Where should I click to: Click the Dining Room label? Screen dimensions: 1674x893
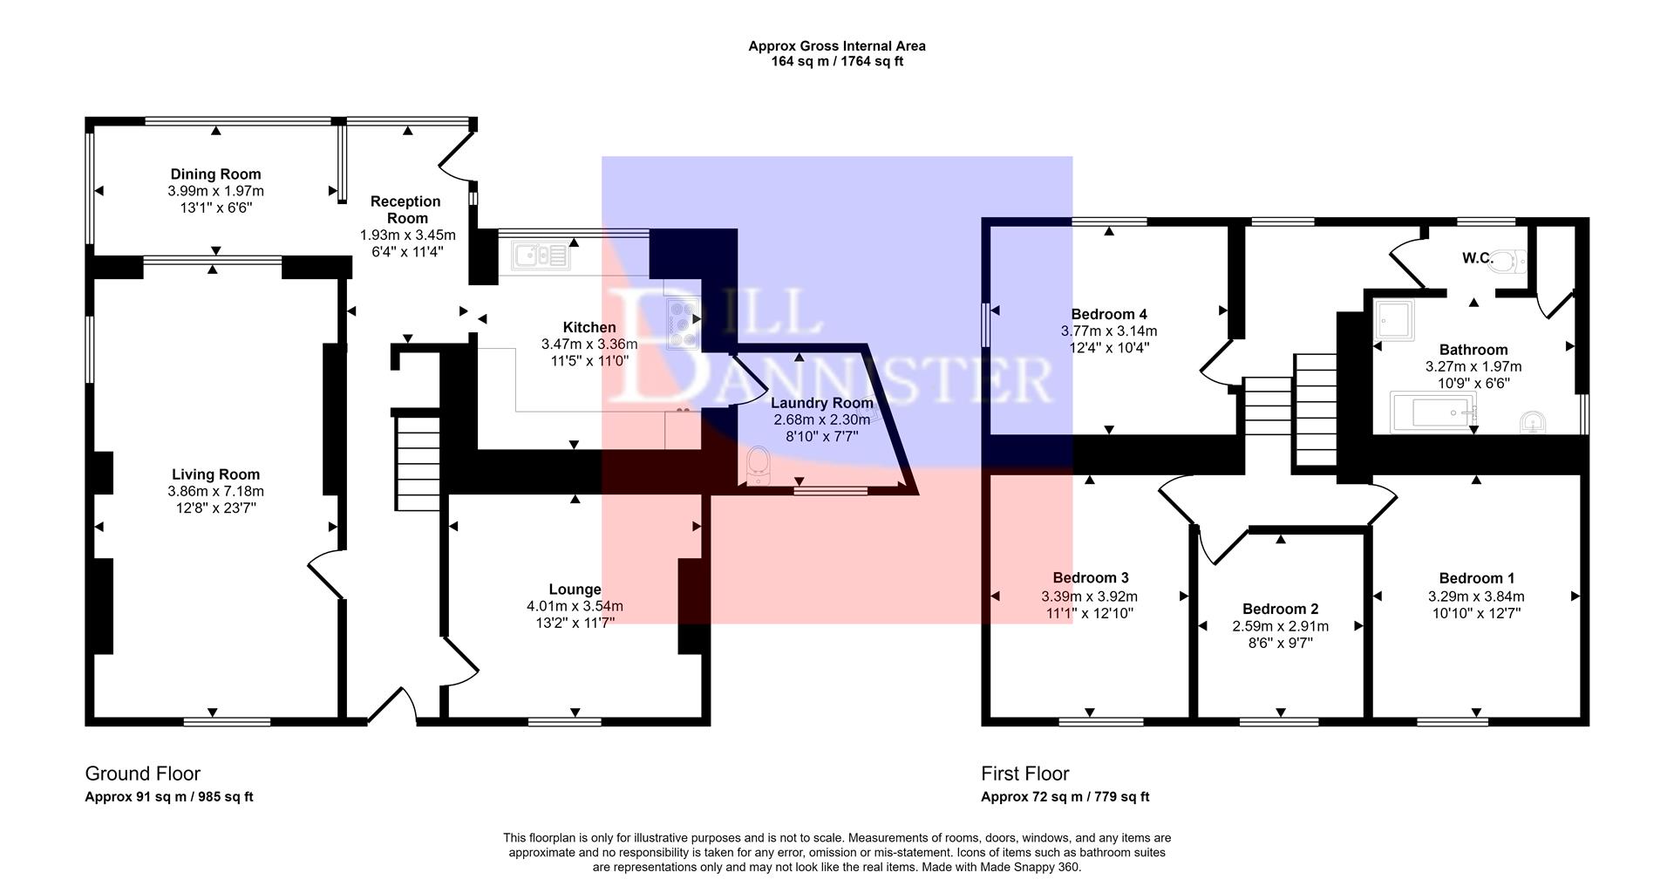(215, 174)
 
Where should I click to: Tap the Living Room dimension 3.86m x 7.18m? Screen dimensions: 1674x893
(215, 491)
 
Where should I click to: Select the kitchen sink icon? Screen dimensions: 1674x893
(541, 256)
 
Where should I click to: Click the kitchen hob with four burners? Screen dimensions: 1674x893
(682, 324)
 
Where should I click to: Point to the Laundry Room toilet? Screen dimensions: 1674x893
(758, 466)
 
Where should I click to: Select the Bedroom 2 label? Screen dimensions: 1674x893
(1280, 609)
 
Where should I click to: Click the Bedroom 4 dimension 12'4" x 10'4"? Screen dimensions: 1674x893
(1109, 348)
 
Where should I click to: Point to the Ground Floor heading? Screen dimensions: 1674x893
(142, 774)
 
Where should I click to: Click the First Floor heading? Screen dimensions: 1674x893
(1024, 774)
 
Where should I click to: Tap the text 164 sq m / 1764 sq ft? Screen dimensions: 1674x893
(837, 62)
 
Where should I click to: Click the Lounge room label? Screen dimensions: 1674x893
(575, 590)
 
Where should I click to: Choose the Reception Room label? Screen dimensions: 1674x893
(406, 209)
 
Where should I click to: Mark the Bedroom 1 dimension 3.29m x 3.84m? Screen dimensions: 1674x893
(1476, 596)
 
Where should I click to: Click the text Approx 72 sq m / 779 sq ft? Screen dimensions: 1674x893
(1065, 797)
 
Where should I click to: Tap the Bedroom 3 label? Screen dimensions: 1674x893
(1090, 577)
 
